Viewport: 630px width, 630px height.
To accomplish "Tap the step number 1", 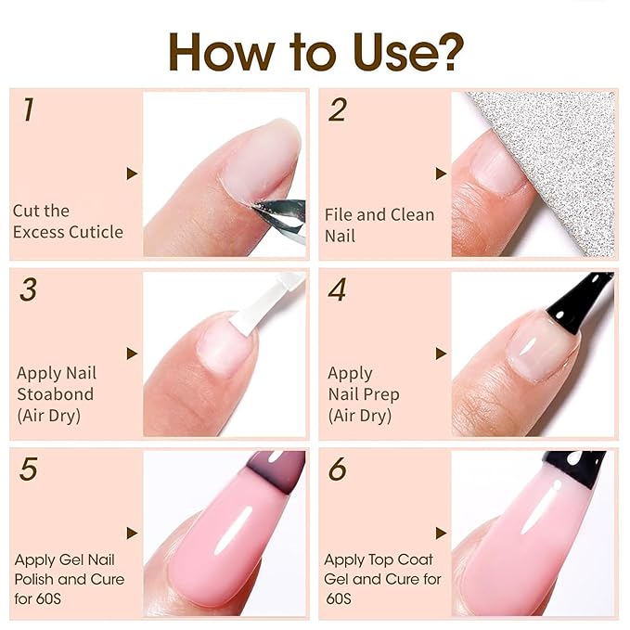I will tap(28, 110).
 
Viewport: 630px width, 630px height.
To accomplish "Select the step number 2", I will tap(337, 110).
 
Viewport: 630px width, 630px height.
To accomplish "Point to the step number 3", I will tap(28, 289).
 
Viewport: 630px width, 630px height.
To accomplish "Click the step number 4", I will tap(337, 289).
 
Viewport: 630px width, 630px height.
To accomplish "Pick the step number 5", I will tap(28, 469).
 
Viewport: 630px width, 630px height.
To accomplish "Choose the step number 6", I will tap(337, 469).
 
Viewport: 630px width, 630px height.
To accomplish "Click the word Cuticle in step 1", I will tap(95, 232).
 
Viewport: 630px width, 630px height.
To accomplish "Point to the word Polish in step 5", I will tap(38, 580).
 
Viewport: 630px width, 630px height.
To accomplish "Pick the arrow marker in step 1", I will tap(132, 174).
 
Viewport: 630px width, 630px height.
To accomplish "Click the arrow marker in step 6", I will tap(441, 533).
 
